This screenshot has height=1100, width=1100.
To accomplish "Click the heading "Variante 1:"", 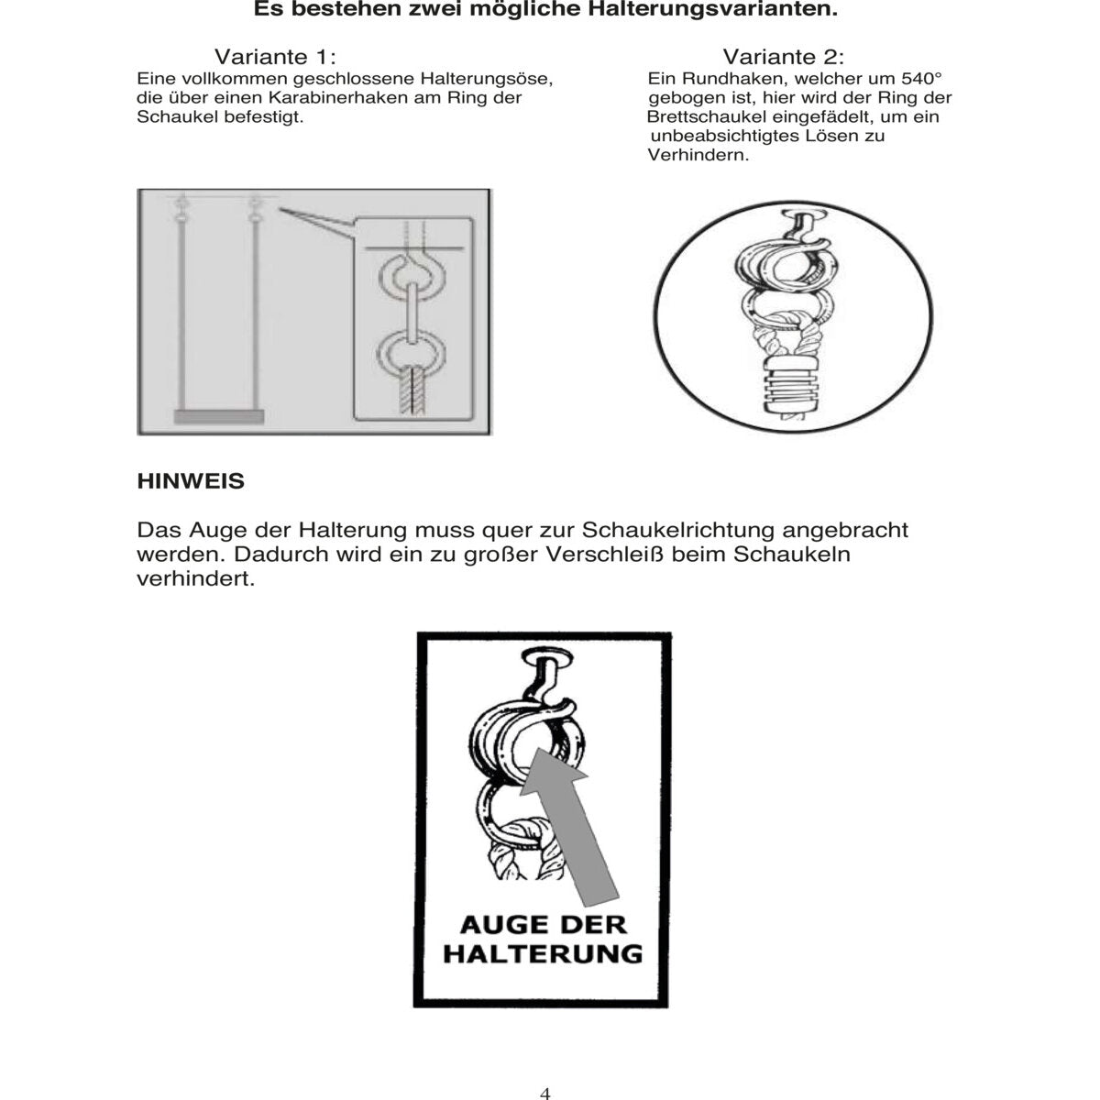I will [x=276, y=57].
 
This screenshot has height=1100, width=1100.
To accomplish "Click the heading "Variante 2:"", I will [x=784, y=57].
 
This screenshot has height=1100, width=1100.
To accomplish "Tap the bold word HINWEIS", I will [x=191, y=480].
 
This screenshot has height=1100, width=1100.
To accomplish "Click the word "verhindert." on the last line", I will [x=195, y=580].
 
